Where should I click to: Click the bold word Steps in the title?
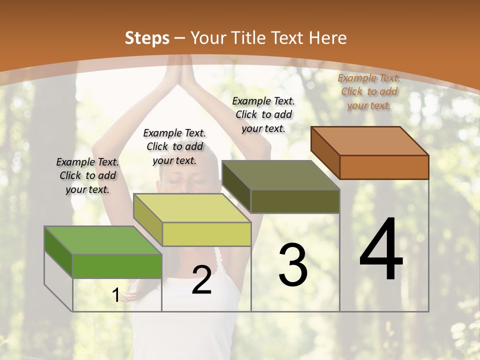[x=147, y=38]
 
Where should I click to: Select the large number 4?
[x=381, y=250]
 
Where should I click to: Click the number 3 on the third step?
[x=292, y=265]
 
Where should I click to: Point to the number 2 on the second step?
[x=201, y=280]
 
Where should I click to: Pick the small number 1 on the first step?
[x=115, y=295]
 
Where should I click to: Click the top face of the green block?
[x=103, y=240]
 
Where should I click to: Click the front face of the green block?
[x=117, y=266]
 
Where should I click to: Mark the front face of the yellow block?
[x=206, y=234]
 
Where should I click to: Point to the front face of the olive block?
[x=295, y=201]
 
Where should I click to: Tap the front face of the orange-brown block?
[x=384, y=167]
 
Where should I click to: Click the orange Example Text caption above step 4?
[x=369, y=91]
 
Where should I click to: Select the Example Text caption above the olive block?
[x=263, y=114]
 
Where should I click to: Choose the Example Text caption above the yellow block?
[x=174, y=146]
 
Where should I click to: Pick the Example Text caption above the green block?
[x=87, y=175]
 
